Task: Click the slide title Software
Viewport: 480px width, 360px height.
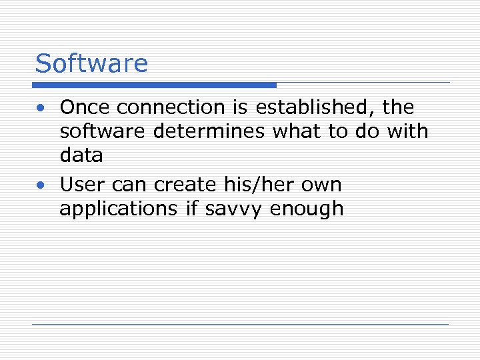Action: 91,63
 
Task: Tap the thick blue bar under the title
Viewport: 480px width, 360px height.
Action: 155,85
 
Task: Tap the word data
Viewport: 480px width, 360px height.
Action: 81,155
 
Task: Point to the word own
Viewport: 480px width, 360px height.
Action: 322,184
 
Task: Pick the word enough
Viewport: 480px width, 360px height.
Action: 307,209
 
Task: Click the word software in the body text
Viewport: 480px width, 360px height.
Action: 102,131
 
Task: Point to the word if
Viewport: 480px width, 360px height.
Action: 193,209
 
